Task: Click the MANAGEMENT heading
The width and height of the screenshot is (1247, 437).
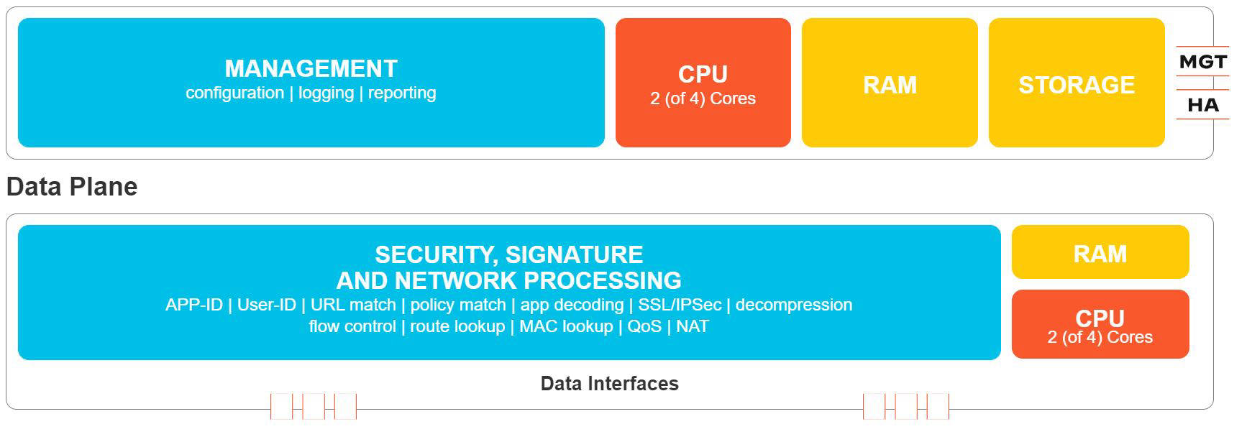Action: click(311, 69)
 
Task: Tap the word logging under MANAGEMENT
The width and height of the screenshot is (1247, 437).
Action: click(326, 93)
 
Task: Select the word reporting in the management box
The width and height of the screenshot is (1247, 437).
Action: click(402, 93)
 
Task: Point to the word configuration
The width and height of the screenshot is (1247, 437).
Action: click(234, 93)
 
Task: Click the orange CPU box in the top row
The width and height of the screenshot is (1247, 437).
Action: click(703, 83)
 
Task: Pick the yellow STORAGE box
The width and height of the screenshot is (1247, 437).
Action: click(1076, 83)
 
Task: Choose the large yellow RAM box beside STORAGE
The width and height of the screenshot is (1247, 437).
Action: click(890, 83)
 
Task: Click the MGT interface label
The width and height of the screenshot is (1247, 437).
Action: click(1202, 63)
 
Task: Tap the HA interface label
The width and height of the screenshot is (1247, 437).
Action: click(1202, 106)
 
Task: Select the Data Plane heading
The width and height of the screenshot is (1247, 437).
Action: click(72, 187)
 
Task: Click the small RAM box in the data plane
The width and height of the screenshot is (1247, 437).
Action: click(1100, 253)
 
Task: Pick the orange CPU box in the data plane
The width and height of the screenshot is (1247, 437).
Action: click(1100, 325)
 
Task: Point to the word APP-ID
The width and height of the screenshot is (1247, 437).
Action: click(193, 305)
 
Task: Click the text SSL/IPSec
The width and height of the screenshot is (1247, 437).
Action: click(680, 305)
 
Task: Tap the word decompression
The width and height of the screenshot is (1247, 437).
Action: click(793, 305)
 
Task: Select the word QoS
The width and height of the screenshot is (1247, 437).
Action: click(644, 326)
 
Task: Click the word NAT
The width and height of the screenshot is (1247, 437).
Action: click(692, 326)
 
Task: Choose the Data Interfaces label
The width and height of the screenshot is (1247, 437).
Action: click(609, 384)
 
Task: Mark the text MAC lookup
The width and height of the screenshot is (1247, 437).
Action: click(566, 326)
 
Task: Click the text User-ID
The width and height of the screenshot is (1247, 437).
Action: click(266, 305)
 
